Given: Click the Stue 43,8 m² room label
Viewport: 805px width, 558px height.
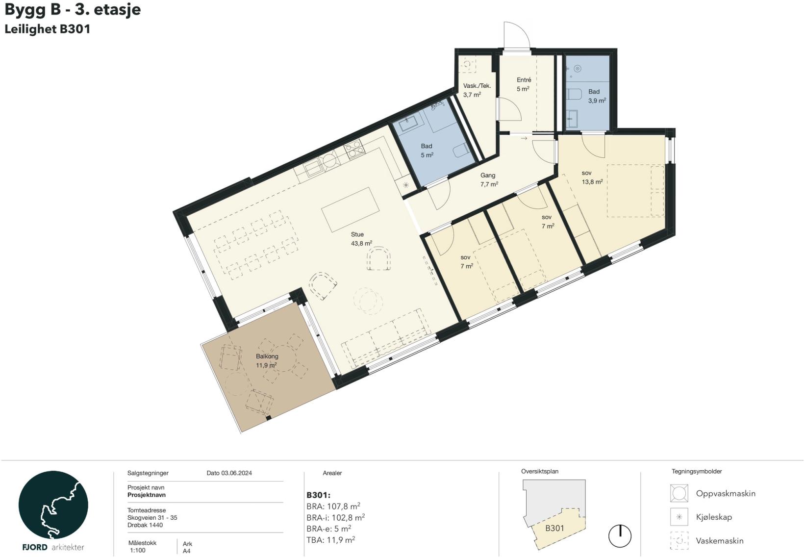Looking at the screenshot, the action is click(x=361, y=239).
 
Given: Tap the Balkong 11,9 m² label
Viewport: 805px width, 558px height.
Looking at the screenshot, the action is click(x=266, y=360).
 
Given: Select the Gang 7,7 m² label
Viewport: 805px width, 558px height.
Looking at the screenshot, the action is click(x=489, y=179).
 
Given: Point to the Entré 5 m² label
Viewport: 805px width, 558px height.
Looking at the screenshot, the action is click(x=524, y=84).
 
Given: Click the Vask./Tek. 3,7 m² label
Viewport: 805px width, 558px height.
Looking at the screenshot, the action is click(x=477, y=90).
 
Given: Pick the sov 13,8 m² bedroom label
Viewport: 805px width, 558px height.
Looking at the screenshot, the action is click(x=592, y=177).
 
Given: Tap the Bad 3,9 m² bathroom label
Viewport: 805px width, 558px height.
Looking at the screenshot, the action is click(x=597, y=96).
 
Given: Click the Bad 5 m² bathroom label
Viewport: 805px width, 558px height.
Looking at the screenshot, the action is click(x=427, y=150).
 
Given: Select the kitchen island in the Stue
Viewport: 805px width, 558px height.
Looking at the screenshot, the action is click(x=351, y=209).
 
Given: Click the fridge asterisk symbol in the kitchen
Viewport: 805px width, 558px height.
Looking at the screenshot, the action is click(x=406, y=185).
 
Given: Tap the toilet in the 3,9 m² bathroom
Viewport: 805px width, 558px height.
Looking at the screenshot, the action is click(x=574, y=94).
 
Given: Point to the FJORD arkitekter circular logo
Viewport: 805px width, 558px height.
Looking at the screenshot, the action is click(x=53, y=505).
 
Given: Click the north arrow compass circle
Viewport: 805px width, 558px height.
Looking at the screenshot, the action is click(x=620, y=536).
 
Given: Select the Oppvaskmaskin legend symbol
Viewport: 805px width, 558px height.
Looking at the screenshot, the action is click(x=679, y=493).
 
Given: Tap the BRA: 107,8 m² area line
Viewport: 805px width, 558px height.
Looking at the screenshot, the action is click(x=333, y=506).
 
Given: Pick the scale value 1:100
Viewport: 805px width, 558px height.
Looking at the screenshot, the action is click(x=138, y=551).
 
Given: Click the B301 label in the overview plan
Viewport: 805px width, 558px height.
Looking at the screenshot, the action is click(x=554, y=528).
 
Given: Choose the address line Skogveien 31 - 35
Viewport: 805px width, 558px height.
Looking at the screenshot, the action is click(x=152, y=518).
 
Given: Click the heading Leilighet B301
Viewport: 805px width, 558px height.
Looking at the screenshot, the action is click(x=48, y=29).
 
